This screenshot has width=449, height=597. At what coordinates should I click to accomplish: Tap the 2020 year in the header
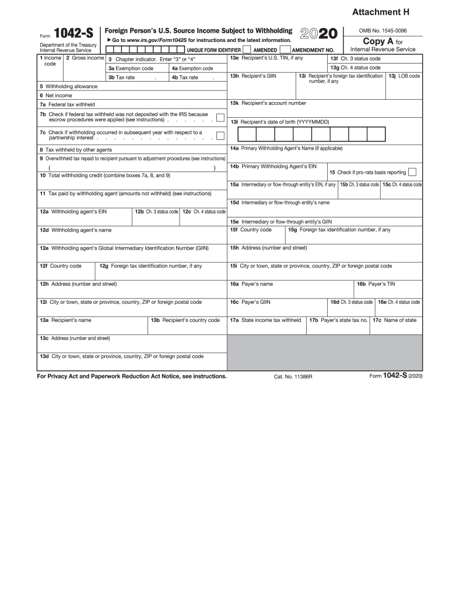[318, 33]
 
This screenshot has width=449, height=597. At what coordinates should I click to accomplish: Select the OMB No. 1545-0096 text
[383, 30]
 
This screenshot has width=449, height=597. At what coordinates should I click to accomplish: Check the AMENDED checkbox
[247, 50]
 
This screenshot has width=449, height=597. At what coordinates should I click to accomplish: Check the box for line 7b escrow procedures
[220, 118]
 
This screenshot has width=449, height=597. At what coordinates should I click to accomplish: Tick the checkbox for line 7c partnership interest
[220, 136]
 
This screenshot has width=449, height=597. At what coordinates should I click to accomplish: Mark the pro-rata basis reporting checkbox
[412, 172]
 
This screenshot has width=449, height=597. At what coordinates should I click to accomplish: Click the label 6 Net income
[56, 96]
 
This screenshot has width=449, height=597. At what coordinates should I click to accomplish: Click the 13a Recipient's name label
[65, 320]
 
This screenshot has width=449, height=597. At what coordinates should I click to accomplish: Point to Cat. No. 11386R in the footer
[293, 377]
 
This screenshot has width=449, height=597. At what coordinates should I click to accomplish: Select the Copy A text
[378, 41]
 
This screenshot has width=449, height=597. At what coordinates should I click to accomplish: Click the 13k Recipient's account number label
[268, 103]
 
